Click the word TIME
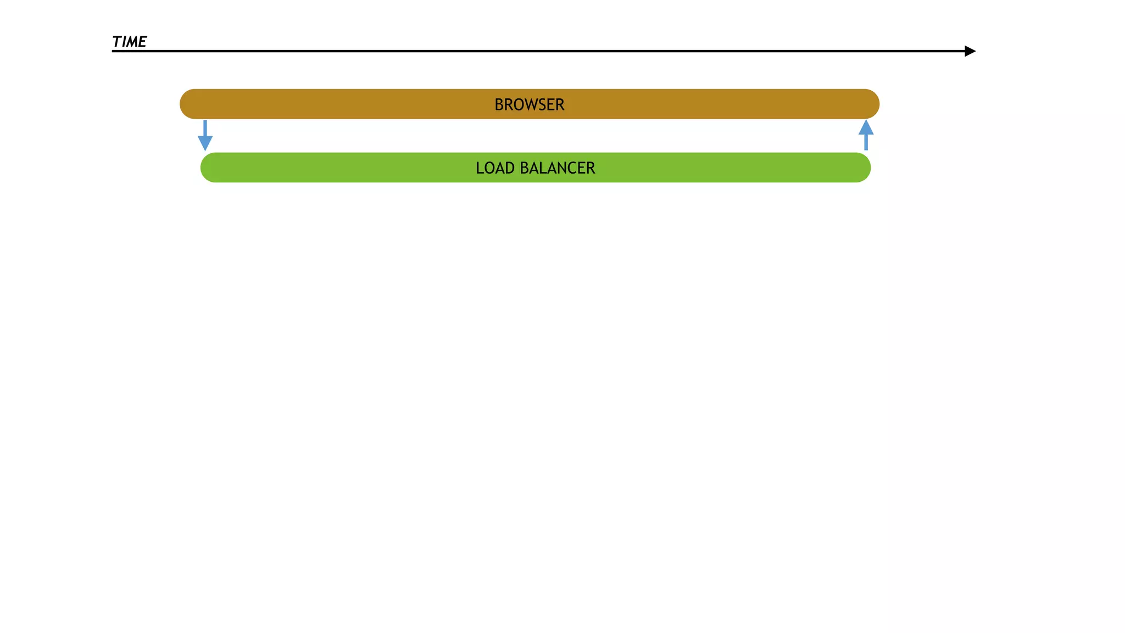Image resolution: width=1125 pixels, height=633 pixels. click(129, 42)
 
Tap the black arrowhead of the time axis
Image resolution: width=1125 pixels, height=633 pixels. click(970, 51)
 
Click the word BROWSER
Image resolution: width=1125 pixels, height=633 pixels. click(529, 104)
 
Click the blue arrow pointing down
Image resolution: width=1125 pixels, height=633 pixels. click(205, 135)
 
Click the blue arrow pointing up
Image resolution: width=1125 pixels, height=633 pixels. click(866, 135)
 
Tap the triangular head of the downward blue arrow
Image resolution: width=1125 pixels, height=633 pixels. click(205, 143)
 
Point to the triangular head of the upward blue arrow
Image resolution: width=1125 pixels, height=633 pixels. click(866, 127)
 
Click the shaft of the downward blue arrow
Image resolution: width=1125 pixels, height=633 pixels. click(205, 128)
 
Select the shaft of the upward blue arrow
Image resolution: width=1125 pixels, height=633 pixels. click(866, 142)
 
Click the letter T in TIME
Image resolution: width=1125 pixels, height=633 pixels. click(117, 42)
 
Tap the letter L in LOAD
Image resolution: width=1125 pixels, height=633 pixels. click(479, 168)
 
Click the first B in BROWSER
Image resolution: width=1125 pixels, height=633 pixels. click(499, 104)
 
